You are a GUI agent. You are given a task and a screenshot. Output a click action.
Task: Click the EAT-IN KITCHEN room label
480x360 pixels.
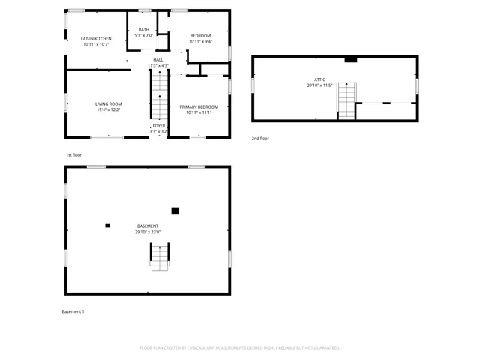(96, 39)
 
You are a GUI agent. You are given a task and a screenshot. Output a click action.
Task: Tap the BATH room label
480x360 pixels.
(143, 30)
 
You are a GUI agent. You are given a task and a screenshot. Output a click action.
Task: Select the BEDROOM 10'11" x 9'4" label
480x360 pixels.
(199, 36)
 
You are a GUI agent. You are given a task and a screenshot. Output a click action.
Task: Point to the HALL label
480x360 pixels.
(158, 60)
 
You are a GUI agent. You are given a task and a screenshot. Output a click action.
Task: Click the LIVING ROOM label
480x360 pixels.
(108, 104)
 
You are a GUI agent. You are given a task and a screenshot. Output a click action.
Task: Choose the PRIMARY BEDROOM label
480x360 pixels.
(199, 107)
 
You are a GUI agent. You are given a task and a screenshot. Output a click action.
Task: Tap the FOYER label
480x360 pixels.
(158, 126)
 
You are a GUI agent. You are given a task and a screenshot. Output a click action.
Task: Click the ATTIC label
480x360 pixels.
(319, 79)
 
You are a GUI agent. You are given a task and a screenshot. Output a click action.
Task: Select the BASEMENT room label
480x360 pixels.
(148, 226)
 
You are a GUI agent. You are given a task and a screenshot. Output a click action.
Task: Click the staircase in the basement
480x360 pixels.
(160, 256)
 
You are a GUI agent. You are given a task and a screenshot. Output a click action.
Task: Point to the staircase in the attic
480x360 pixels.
(346, 100)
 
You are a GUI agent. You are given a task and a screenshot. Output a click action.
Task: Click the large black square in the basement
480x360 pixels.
(175, 211)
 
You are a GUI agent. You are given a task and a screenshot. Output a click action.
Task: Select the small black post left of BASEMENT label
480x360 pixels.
(107, 225)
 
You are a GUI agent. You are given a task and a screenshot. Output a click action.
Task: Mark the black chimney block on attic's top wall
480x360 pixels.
(349, 60)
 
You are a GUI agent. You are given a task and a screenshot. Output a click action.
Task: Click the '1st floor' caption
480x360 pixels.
(73, 155)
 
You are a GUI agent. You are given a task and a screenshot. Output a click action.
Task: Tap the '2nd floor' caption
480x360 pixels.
(260, 139)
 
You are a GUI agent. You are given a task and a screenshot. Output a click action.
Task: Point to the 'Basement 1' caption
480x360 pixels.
(73, 311)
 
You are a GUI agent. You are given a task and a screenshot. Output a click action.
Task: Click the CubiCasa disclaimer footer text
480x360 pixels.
(240, 347)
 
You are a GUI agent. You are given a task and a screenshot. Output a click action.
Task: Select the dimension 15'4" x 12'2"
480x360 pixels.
(108, 109)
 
